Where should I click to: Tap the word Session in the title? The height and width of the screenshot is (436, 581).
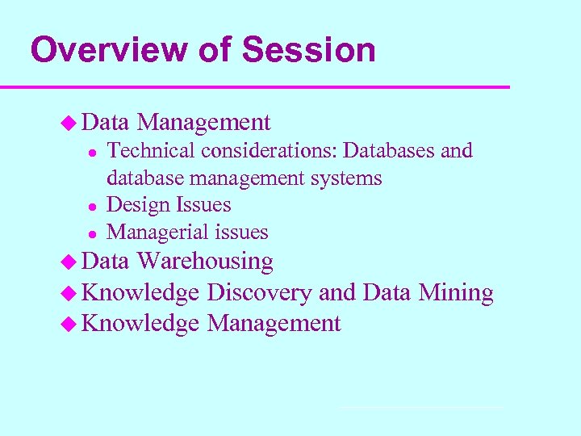point(308,50)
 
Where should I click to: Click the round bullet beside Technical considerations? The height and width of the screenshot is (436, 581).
point(92,152)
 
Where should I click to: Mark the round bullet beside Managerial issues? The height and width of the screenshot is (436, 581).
point(92,233)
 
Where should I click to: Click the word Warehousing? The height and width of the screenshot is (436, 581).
point(205,262)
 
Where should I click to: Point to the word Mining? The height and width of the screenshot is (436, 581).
point(456,292)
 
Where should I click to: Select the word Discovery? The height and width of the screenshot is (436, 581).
point(259,293)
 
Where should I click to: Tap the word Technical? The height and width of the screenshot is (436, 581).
point(151,151)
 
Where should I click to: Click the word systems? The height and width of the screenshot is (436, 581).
point(349,178)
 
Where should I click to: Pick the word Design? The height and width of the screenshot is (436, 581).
point(134,206)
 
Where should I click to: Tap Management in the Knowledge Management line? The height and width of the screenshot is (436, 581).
point(274,324)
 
